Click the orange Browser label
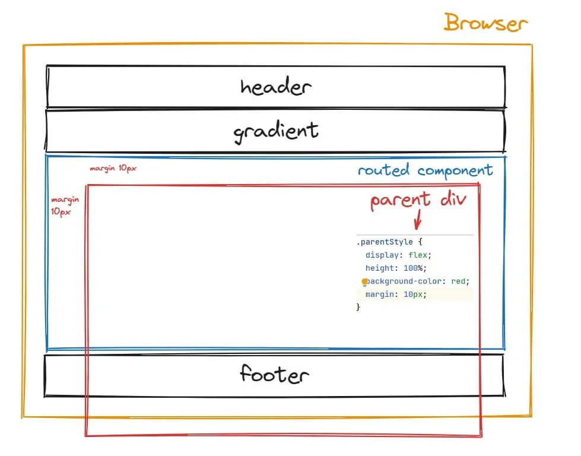(x=485, y=23)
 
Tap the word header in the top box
(x=275, y=87)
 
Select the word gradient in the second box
(x=275, y=131)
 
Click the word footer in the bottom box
(x=274, y=375)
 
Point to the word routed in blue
(x=383, y=170)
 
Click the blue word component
(x=455, y=170)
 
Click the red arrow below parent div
(x=417, y=221)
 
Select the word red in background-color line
(x=458, y=281)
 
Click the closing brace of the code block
(x=358, y=307)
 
